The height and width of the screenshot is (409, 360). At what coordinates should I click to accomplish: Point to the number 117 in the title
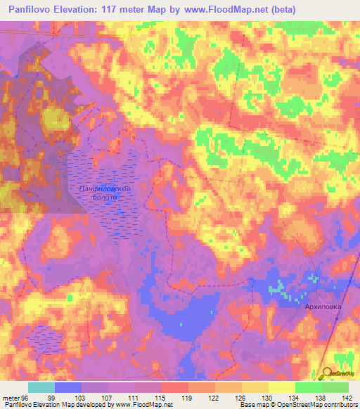116,10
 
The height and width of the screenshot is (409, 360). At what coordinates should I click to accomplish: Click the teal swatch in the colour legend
41,387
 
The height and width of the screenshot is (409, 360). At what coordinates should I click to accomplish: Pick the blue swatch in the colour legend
68,387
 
